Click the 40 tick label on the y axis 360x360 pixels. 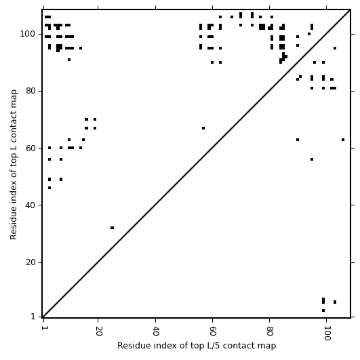pos(31,205)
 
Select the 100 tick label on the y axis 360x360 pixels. pos(28,34)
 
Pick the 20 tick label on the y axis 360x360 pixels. pos(31,262)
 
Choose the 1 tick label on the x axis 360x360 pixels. pos(43,328)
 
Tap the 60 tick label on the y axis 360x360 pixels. pos(31,148)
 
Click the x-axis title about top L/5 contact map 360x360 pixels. pos(197,346)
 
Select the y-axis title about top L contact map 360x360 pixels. pos(14,165)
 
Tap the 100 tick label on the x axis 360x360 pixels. pos(327,333)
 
